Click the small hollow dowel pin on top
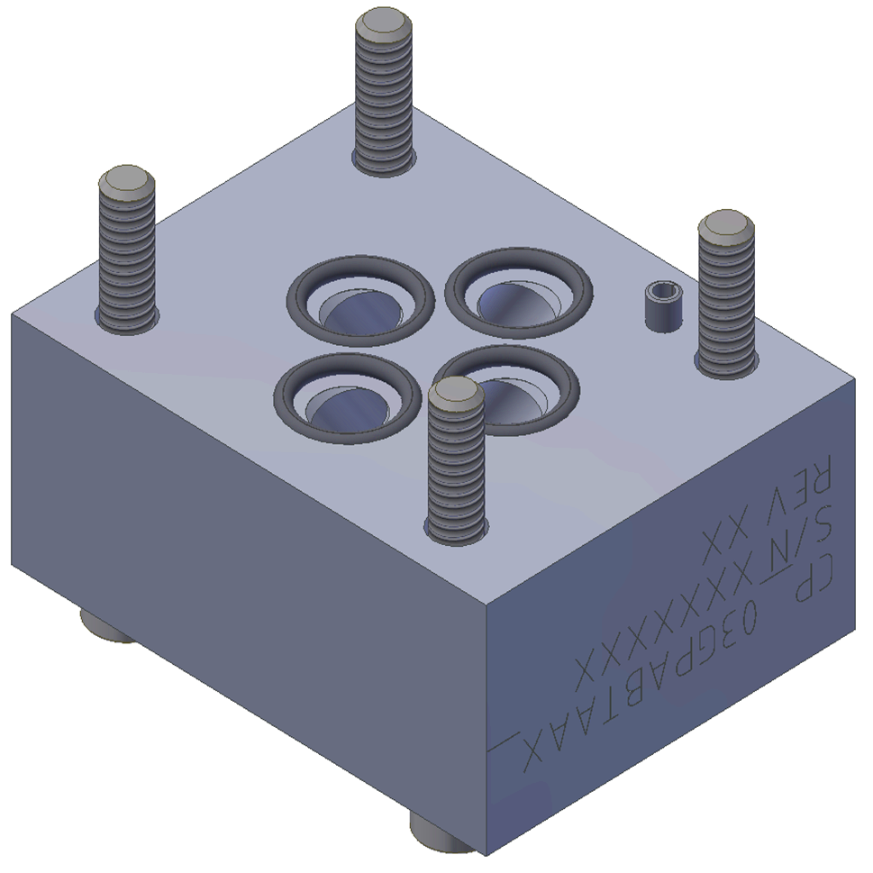click(665, 305)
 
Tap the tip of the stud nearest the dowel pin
click(725, 225)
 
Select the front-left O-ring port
click(348, 396)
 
